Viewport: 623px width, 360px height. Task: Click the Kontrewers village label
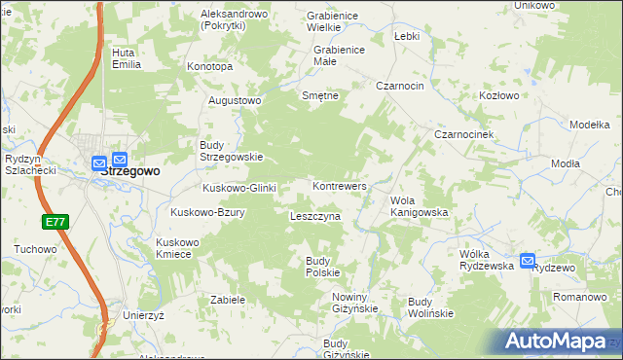[339, 185]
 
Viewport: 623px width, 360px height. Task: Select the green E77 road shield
[55, 222]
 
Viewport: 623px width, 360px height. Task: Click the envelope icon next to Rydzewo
[528, 261]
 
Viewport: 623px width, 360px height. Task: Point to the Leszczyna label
[314, 216]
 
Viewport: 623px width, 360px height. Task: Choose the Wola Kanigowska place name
[419, 205]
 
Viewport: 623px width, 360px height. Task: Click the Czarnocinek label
[466, 133]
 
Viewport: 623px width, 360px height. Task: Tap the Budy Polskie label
[322, 266]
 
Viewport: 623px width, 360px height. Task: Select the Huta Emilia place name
[127, 58]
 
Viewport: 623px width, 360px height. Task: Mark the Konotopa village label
[209, 67]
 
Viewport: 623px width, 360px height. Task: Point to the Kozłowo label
[499, 96]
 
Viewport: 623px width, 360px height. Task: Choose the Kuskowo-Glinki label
[239, 188]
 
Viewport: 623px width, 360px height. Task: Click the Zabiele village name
[227, 300]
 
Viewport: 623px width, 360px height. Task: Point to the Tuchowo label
[35, 249]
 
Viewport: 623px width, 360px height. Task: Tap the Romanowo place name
[580, 295]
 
